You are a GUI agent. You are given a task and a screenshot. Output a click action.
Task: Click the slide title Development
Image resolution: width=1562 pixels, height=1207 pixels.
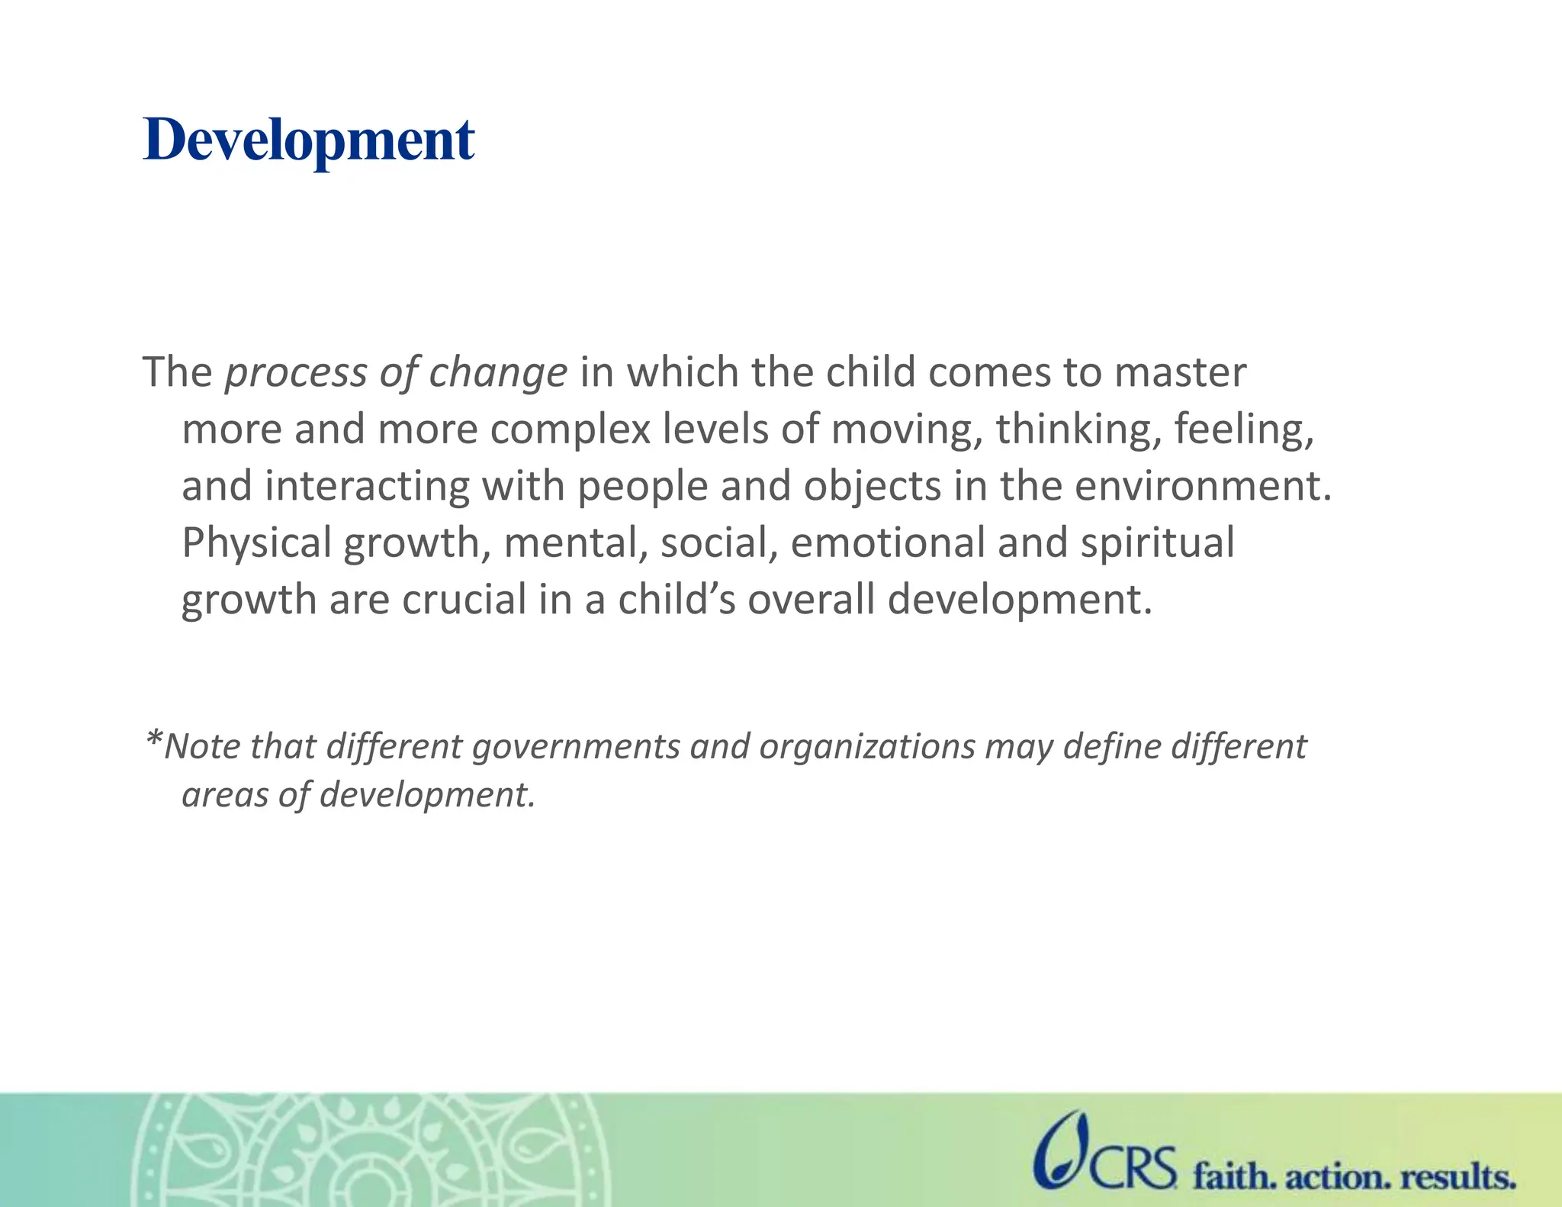(309, 140)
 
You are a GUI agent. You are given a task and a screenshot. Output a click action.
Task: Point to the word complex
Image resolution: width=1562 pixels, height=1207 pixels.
(570, 430)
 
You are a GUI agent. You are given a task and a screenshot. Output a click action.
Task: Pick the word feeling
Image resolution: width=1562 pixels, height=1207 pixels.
(1244, 429)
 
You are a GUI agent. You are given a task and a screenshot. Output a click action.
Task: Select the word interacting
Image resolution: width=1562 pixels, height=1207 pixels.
(367, 487)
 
